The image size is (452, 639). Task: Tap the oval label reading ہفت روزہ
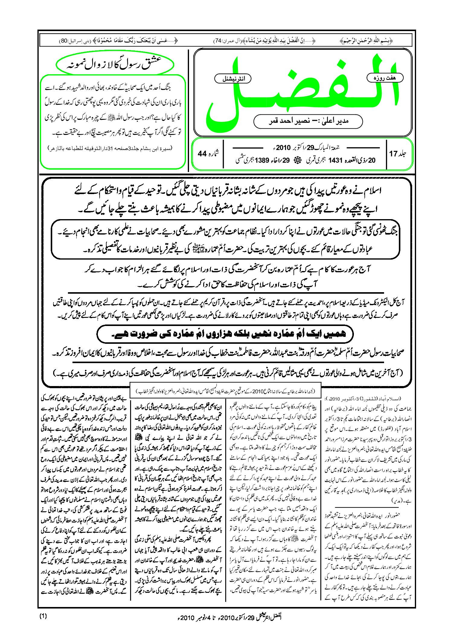pyautogui.click(x=385, y=78)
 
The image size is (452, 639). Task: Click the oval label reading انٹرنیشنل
pyautogui.click(x=233, y=79)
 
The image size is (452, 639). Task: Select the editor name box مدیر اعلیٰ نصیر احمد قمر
pyautogui.click(x=308, y=121)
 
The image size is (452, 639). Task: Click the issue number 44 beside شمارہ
pyautogui.click(x=202, y=154)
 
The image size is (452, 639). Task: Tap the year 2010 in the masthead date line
pyautogui.click(x=283, y=148)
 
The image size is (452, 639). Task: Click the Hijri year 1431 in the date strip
pyautogui.click(x=335, y=160)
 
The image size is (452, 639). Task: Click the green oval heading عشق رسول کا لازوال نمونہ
pyautogui.click(x=115, y=64)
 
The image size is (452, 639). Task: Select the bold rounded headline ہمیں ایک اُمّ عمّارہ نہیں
pyautogui.click(x=225, y=334)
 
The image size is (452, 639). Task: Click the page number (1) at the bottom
pyautogui.click(x=43, y=616)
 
